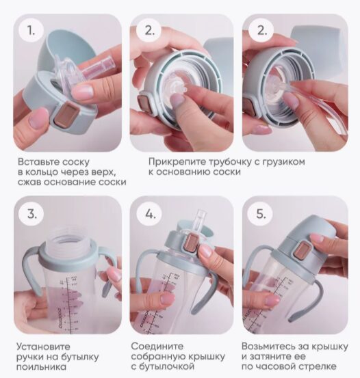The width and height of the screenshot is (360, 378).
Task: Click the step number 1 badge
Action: tap(31, 30)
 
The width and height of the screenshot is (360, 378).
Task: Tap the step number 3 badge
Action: tap(31, 213)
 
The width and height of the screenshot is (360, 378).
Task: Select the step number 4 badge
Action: tap(149, 213)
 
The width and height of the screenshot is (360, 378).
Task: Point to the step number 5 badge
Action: tap(261, 213)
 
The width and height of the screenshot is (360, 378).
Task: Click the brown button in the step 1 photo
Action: tap(66, 113)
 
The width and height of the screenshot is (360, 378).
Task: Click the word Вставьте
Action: tap(38, 162)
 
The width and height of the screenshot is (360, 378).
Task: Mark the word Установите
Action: tap(44, 347)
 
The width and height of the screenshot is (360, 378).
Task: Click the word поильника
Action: tap(41, 367)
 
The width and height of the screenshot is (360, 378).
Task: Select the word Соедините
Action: tap(157, 347)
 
